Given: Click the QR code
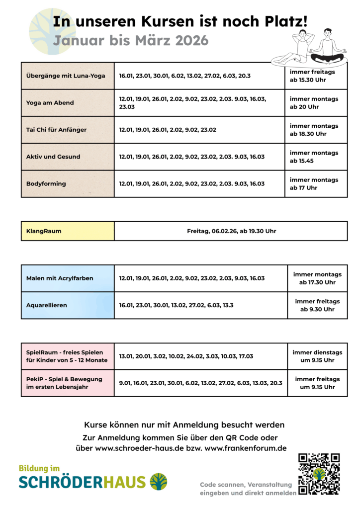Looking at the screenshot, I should point(319,474).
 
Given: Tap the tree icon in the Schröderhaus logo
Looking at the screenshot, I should point(159,481).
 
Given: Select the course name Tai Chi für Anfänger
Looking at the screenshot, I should point(56,130).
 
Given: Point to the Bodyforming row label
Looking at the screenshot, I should point(46,184).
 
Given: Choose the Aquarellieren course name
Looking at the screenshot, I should point(47,305).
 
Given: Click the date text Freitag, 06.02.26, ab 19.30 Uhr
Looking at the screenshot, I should point(231,231).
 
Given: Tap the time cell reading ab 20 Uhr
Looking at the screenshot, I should point(314,103).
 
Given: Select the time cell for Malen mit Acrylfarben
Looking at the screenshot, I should point(317,278).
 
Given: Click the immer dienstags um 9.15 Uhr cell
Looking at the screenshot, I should point(317,356).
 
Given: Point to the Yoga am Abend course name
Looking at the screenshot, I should point(50,103).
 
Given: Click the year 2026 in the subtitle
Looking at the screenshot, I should point(191,41).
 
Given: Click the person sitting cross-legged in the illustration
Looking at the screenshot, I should point(327,47).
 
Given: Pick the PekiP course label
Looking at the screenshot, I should point(64,383).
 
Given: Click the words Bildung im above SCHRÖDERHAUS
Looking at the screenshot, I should point(39,468).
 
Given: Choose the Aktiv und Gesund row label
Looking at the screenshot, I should point(53,157).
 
